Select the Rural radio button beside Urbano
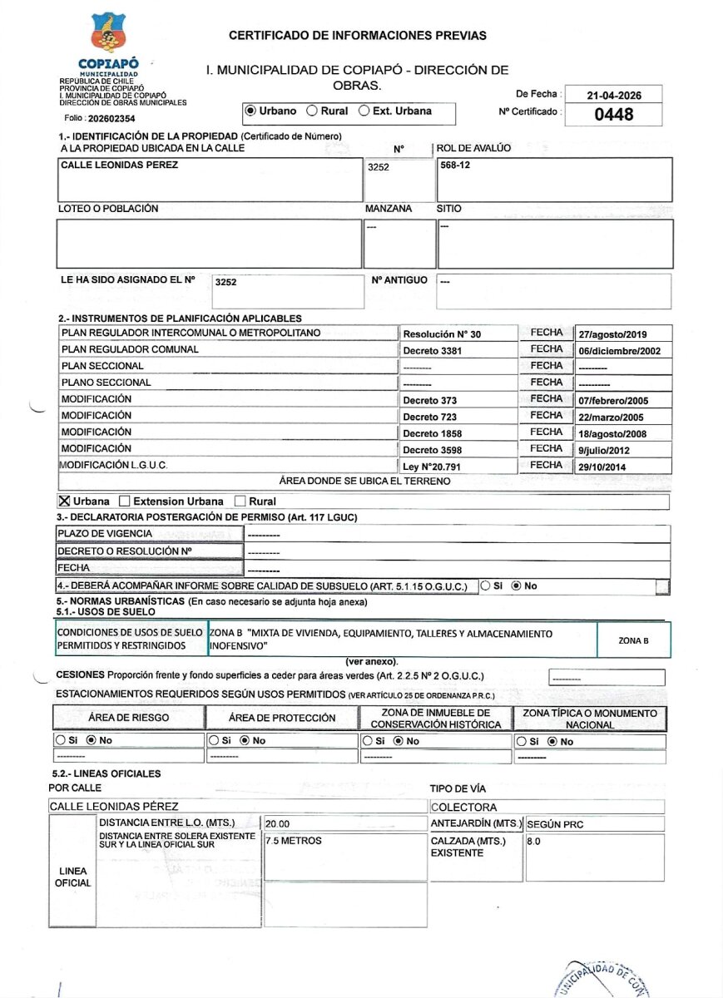pyautogui.click(x=312, y=111)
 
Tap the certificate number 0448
pyautogui.click(x=613, y=114)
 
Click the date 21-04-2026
pyautogui.click(x=612, y=95)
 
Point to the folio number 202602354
pyautogui.click(x=111, y=119)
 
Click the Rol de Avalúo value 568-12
pyautogui.click(x=453, y=165)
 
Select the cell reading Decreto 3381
pyautogui.click(x=432, y=351)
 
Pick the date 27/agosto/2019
pyautogui.click(x=612, y=333)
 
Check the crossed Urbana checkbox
pyautogui.click(x=64, y=501)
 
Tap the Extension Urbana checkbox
pyautogui.click(x=125, y=501)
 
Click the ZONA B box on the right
pyautogui.click(x=633, y=640)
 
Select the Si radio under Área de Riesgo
pyautogui.click(x=60, y=740)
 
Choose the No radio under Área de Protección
pyautogui.click(x=245, y=740)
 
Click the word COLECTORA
pyautogui.click(x=464, y=807)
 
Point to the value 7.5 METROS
pyautogui.click(x=294, y=841)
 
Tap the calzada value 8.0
pyautogui.click(x=534, y=841)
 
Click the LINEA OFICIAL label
pyautogui.click(x=72, y=877)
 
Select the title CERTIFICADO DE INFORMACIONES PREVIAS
pyautogui.click(x=358, y=36)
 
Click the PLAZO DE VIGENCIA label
pyautogui.click(x=105, y=533)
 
